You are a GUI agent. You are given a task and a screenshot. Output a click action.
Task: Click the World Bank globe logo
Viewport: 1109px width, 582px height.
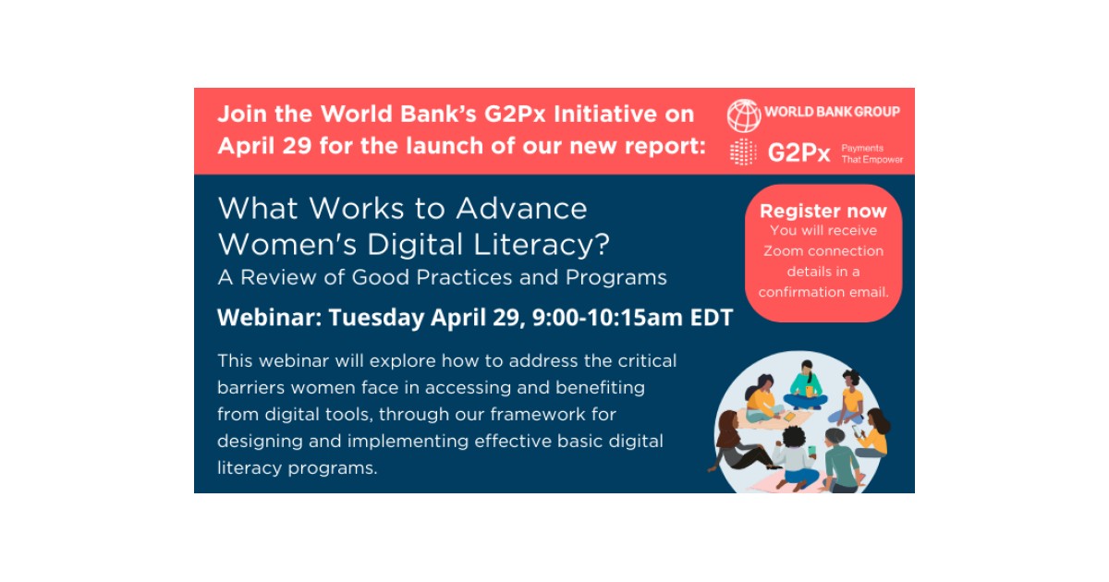pos(743,115)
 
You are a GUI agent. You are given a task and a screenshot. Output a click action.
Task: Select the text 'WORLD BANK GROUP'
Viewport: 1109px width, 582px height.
pos(832,113)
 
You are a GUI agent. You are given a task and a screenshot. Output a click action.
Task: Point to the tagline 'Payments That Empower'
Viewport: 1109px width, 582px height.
pos(871,153)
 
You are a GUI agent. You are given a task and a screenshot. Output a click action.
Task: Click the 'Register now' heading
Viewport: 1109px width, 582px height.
pos(823,211)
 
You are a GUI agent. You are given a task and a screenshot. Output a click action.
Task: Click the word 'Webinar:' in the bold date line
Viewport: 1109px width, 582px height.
pos(269,318)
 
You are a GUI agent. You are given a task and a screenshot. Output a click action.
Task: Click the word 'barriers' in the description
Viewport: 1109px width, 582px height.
pos(250,386)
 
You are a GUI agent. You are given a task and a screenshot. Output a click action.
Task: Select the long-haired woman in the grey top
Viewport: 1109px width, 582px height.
pos(739,448)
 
